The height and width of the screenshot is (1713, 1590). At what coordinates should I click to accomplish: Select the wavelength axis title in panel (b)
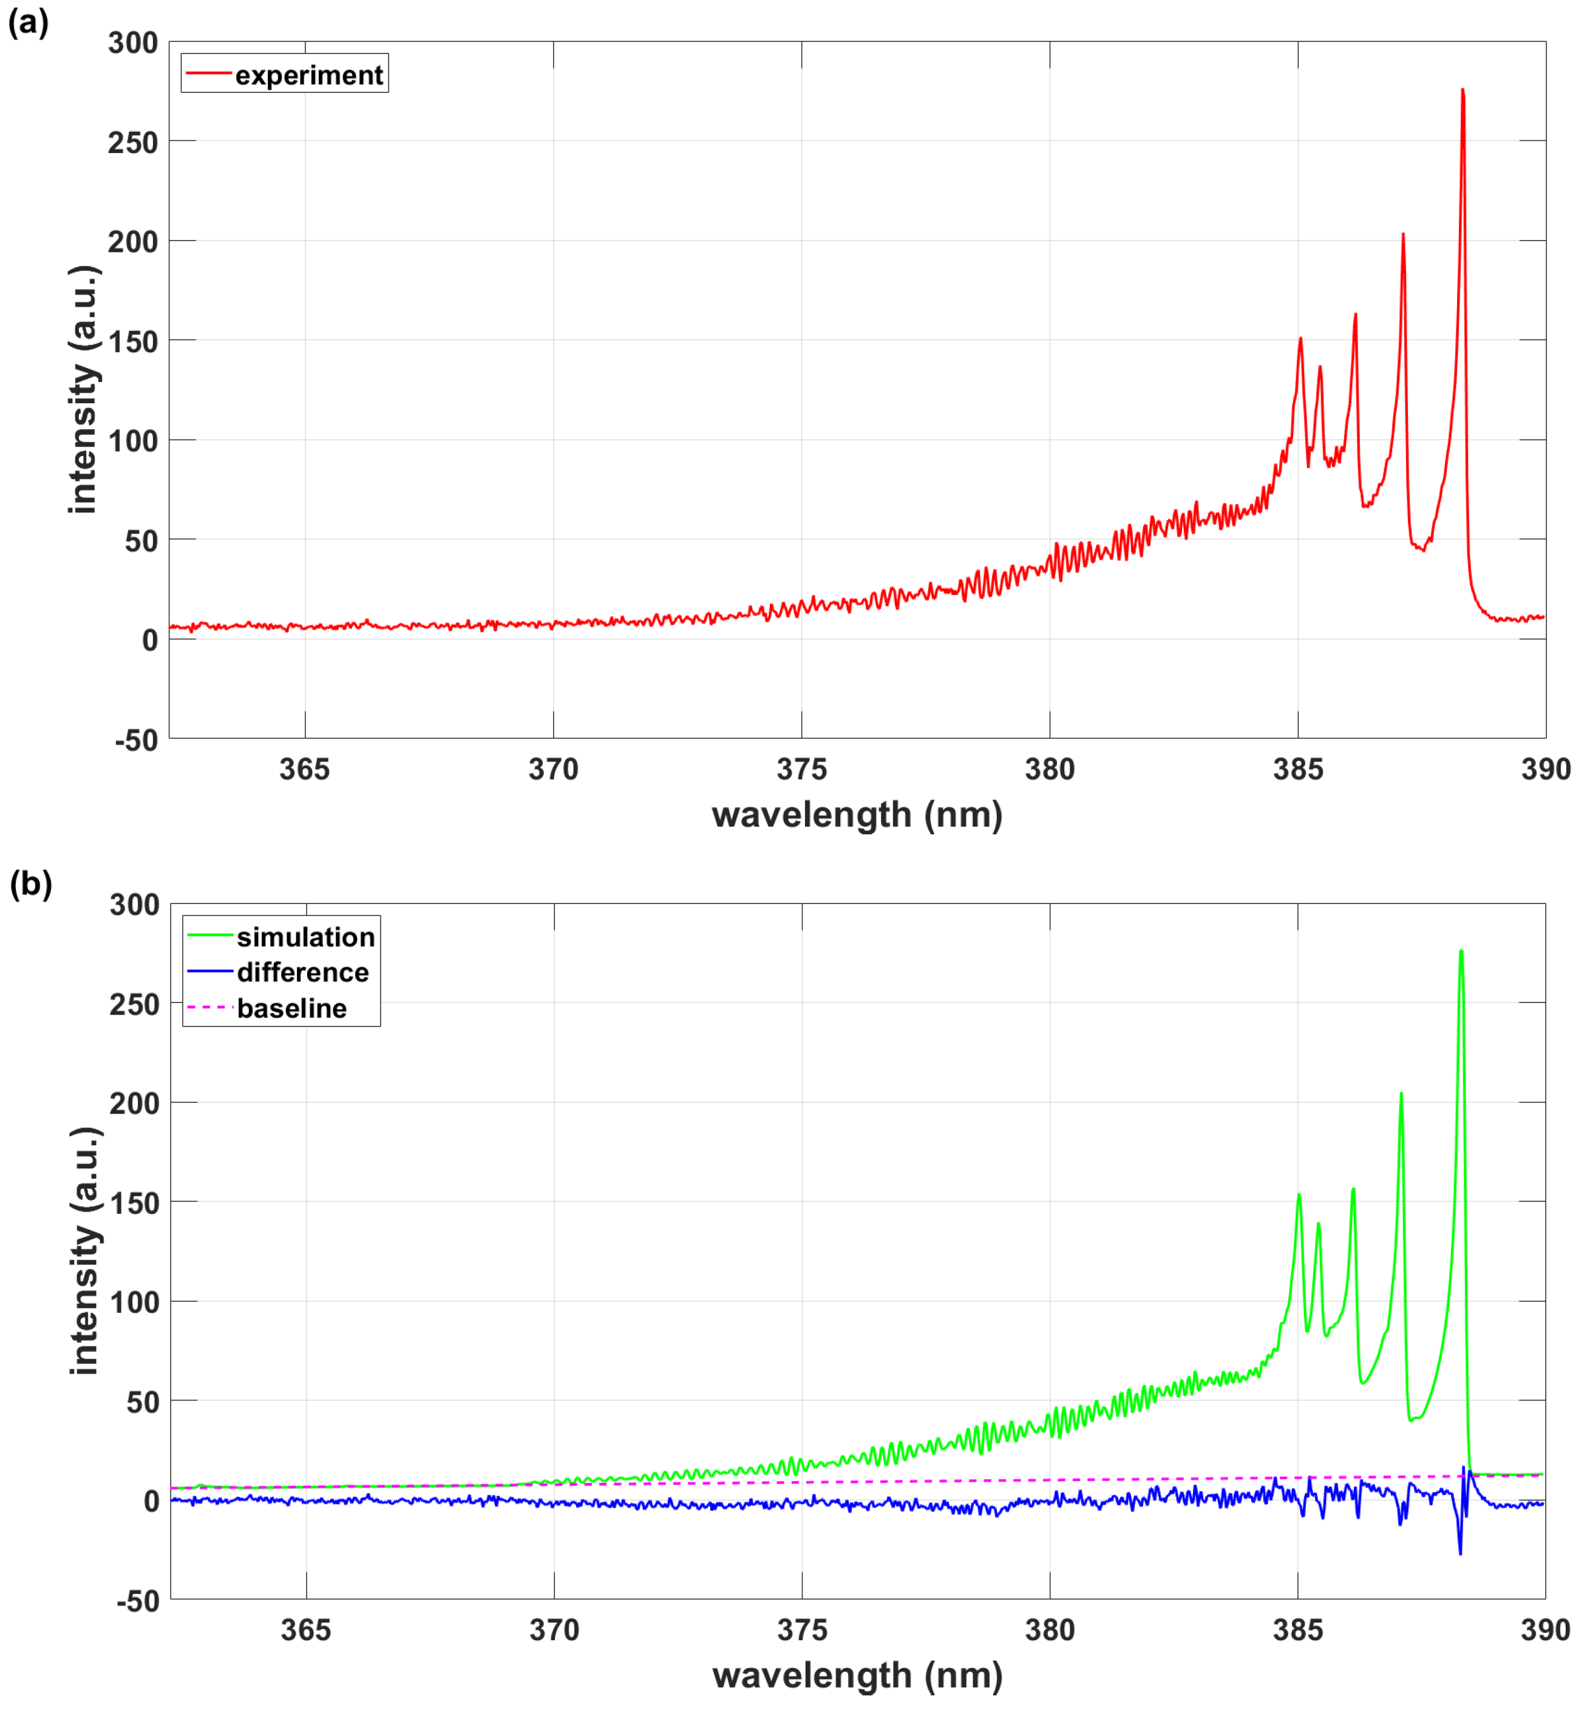857,1675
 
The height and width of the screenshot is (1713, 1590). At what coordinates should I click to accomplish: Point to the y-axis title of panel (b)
85,1250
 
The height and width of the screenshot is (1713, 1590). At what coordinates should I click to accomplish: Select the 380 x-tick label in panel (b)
1050,1630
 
